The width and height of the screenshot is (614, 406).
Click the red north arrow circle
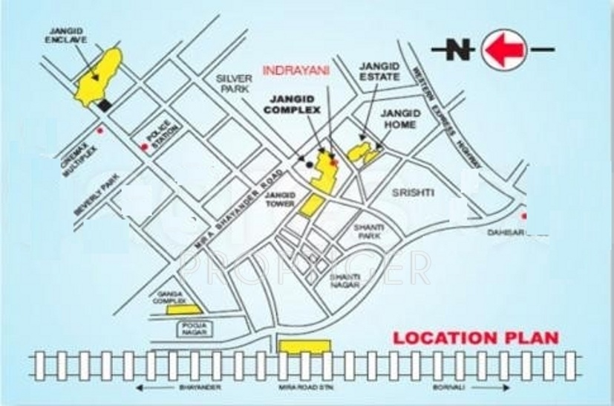(x=504, y=50)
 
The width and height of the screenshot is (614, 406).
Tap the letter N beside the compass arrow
(x=460, y=51)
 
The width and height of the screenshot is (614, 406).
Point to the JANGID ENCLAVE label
(x=70, y=36)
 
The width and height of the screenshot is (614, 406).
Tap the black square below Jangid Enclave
(x=105, y=105)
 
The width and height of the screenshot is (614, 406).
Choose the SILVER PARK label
(x=235, y=83)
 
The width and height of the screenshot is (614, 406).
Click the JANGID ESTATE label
(x=379, y=71)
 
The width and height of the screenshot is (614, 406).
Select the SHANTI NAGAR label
(x=345, y=280)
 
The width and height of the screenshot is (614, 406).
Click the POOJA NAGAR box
(x=193, y=328)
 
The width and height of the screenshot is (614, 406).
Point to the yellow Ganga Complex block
(x=183, y=309)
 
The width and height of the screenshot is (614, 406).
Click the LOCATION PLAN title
(x=475, y=338)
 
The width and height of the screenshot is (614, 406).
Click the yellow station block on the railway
(x=304, y=347)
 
